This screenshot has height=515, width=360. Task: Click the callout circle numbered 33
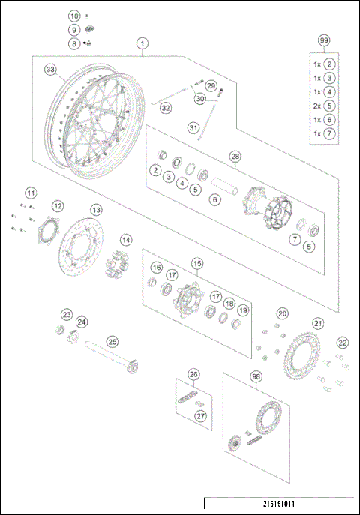(x=50, y=70)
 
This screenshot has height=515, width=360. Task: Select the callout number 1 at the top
(x=142, y=44)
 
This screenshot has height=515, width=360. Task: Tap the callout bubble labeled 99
(x=324, y=40)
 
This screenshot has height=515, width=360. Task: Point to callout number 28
(x=235, y=157)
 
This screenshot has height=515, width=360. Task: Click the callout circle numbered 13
(x=97, y=210)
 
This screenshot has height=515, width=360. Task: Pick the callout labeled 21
(x=318, y=323)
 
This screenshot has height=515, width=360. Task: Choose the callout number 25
(x=112, y=341)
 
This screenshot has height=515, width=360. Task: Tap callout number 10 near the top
(x=73, y=16)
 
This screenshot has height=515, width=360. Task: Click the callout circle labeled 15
(x=197, y=263)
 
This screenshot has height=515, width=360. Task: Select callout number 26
(x=193, y=374)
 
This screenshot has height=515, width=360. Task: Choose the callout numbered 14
(x=127, y=240)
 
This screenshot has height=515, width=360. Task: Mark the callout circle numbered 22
(x=342, y=342)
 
